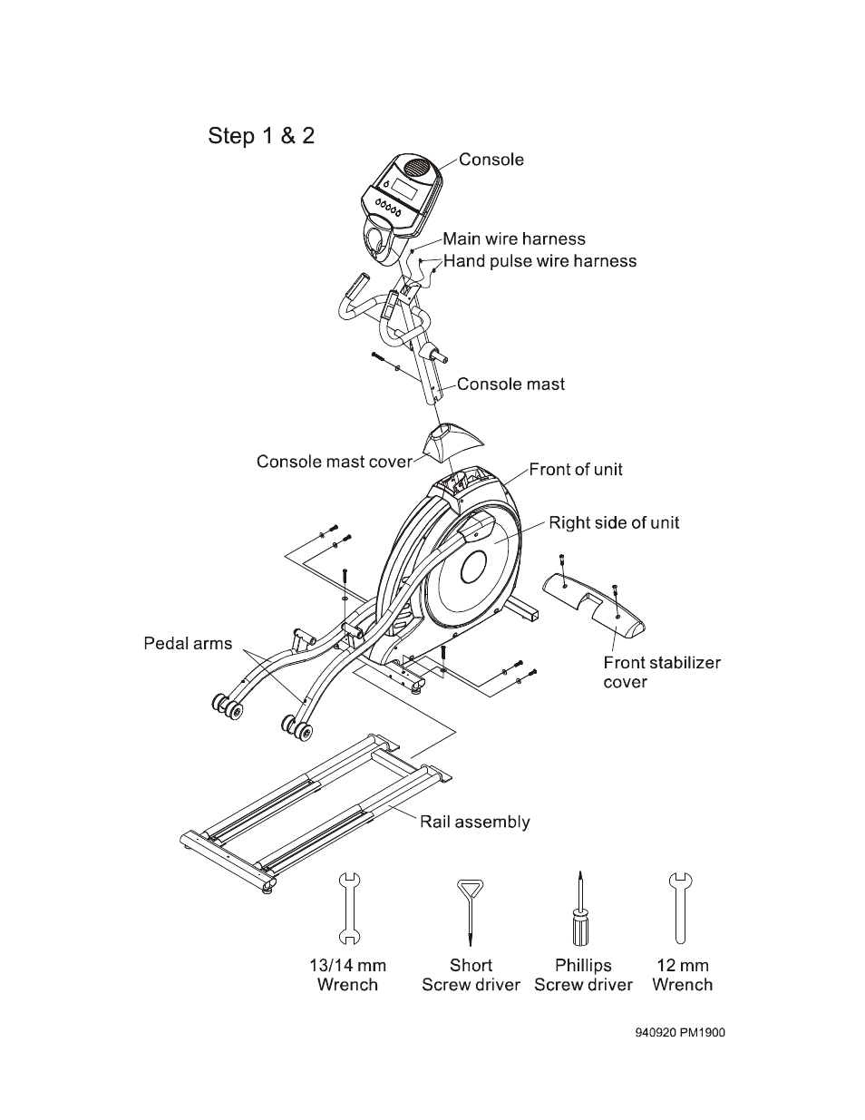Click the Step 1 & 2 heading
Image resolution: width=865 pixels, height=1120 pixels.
[x=261, y=136]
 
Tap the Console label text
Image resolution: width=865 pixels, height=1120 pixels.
[x=491, y=160]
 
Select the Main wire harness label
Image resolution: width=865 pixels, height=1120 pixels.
[x=514, y=239]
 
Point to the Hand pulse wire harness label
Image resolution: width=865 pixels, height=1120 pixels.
[x=539, y=261]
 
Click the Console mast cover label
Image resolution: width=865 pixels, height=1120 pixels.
[x=335, y=462]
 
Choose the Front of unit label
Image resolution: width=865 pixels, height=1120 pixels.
[x=576, y=470]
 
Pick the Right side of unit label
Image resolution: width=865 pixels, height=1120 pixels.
[x=614, y=522]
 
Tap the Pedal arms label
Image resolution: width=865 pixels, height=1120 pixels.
[x=188, y=643]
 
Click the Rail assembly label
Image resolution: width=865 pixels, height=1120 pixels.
[x=474, y=822]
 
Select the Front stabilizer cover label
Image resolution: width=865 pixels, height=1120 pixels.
[x=662, y=672]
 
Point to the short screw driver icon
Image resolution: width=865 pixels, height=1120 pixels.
[x=471, y=912]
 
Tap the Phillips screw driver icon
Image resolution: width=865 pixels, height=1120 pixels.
[x=580, y=909]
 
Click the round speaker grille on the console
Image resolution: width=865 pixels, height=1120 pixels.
[x=418, y=168]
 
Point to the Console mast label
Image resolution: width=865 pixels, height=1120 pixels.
[x=510, y=384]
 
